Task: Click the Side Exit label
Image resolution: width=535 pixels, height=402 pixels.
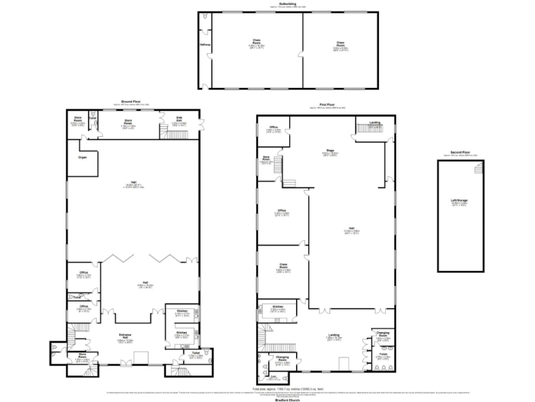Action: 179,118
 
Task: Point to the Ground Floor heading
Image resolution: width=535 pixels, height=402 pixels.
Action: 132,102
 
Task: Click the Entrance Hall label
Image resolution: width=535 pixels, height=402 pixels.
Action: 125,338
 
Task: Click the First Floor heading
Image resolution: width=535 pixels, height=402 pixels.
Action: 323,105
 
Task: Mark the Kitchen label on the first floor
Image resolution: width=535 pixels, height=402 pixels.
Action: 277,307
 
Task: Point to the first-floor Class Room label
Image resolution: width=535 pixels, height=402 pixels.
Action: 283,267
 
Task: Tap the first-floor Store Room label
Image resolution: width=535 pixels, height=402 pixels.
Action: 265,158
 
